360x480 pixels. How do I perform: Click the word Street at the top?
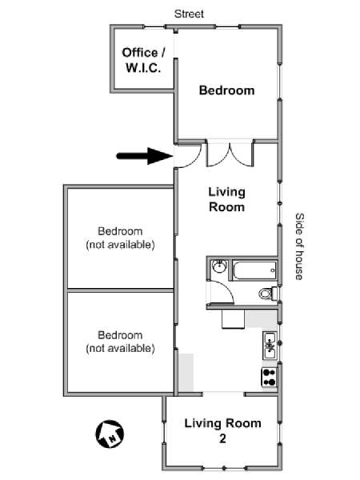point(189,14)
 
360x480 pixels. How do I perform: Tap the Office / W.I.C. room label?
point(143,60)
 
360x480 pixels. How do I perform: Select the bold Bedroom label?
point(227,90)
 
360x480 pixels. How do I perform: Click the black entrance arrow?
point(145,156)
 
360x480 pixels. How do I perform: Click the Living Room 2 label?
point(222,430)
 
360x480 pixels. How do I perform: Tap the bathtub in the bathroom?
point(254,270)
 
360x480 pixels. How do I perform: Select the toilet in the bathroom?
point(269,294)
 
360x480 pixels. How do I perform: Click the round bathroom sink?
point(219,266)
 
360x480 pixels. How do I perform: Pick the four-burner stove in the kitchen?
point(270,377)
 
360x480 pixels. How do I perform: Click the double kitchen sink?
point(270,346)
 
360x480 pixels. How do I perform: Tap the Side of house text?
point(299,246)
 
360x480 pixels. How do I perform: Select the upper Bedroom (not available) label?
point(120,238)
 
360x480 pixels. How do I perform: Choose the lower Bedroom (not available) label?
point(120,342)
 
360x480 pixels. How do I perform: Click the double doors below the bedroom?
point(230,153)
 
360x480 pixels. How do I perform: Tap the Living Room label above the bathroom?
point(227,199)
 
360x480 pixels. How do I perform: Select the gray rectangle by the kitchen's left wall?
point(186,372)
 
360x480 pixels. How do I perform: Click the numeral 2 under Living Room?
point(222,439)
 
